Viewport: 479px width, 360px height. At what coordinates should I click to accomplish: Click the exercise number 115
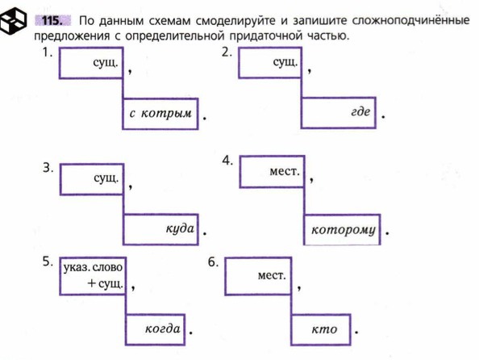click(x=52, y=21)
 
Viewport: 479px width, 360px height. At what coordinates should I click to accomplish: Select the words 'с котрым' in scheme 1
click(x=160, y=113)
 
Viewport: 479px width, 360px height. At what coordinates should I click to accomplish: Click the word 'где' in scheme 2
click(x=360, y=111)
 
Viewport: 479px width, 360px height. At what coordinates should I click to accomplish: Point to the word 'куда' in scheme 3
click(x=180, y=228)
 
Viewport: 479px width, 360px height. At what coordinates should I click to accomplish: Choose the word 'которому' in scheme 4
click(x=343, y=230)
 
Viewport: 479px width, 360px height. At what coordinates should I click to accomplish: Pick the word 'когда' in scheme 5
click(x=163, y=329)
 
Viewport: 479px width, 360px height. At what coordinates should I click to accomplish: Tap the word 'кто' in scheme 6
click(x=324, y=329)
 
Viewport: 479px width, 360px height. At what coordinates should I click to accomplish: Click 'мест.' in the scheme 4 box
click(x=285, y=171)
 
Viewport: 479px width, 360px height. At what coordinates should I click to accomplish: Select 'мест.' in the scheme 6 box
click(x=272, y=275)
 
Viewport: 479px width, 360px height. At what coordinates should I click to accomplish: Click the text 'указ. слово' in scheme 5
click(x=93, y=268)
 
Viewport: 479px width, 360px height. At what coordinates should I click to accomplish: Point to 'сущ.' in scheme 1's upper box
click(x=106, y=63)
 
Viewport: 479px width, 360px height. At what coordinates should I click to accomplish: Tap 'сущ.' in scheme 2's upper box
click(x=285, y=62)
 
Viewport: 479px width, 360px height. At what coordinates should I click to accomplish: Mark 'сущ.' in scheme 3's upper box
click(x=106, y=178)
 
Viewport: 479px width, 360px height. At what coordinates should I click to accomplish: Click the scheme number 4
click(x=227, y=161)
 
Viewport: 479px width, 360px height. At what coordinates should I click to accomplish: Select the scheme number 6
click(x=213, y=262)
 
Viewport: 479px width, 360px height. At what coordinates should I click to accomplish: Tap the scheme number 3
click(x=48, y=168)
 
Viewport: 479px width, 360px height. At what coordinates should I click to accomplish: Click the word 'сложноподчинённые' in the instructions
click(x=410, y=20)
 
